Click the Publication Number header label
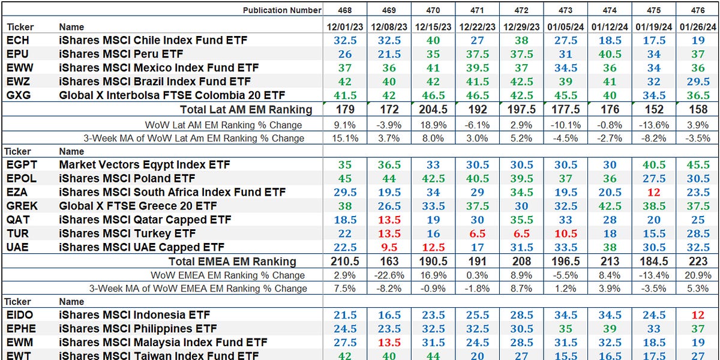[x=282, y=10]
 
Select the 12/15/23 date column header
[x=433, y=27]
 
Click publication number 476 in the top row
[x=698, y=10]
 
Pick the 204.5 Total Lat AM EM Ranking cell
[x=433, y=109]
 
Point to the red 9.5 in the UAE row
[x=389, y=247]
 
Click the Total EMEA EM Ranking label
[x=232, y=262]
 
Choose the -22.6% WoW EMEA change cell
[x=389, y=275]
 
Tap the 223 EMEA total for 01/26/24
[x=698, y=262]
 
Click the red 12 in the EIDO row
[x=698, y=315]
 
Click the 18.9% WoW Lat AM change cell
[x=433, y=125]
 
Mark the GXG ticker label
[x=18, y=95]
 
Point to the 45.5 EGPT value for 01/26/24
[x=698, y=164]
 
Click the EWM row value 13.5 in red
[x=389, y=343]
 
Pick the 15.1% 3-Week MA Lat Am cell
[x=345, y=138]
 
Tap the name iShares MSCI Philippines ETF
[x=138, y=329]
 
